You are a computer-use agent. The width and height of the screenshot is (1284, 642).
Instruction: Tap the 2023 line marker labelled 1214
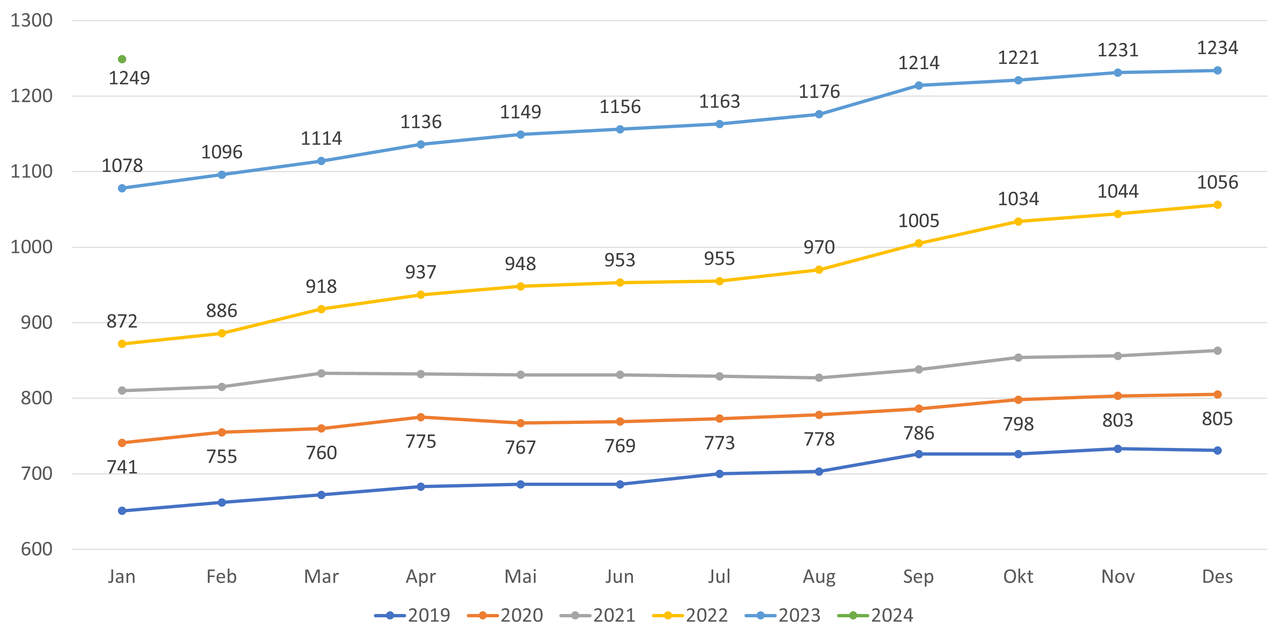pyautogui.click(x=919, y=86)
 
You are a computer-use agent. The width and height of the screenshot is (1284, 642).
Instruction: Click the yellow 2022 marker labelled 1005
pyautogui.click(x=919, y=243)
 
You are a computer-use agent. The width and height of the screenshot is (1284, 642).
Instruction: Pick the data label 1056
pyautogui.click(x=1217, y=182)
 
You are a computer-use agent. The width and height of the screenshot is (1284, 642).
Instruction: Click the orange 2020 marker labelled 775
pyautogui.click(x=421, y=417)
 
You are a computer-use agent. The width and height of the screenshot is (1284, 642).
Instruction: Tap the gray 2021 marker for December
pyautogui.click(x=1217, y=351)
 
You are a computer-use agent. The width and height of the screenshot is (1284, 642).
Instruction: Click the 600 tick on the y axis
pyautogui.click(x=36, y=549)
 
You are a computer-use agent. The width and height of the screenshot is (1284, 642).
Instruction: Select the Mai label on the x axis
pyautogui.click(x=520, y=577)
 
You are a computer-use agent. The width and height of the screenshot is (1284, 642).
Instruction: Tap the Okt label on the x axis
pyautogui.click(x=1018, y=577)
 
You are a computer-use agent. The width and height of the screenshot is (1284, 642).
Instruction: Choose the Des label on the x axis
pyautogui.click(x=1217, y=577)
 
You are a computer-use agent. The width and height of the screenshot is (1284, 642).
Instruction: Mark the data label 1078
pyautogui.click(x=122, y=165)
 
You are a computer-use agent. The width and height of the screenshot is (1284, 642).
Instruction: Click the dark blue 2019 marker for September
pyautogui.click(x=919, y=454)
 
